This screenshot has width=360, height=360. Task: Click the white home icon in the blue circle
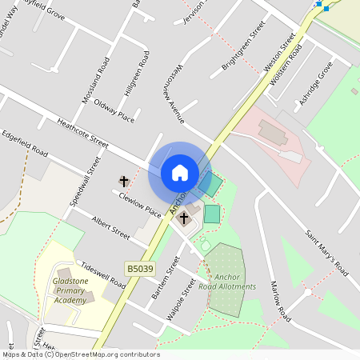tap(180, 173)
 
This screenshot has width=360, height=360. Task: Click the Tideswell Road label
tap(102, 275)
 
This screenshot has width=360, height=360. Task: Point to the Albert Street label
tap(110, 227)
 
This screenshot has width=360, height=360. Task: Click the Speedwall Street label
tap(84, 182)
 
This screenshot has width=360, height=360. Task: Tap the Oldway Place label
tap(114, 110)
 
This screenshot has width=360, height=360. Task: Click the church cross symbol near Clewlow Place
tap(124, 182)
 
